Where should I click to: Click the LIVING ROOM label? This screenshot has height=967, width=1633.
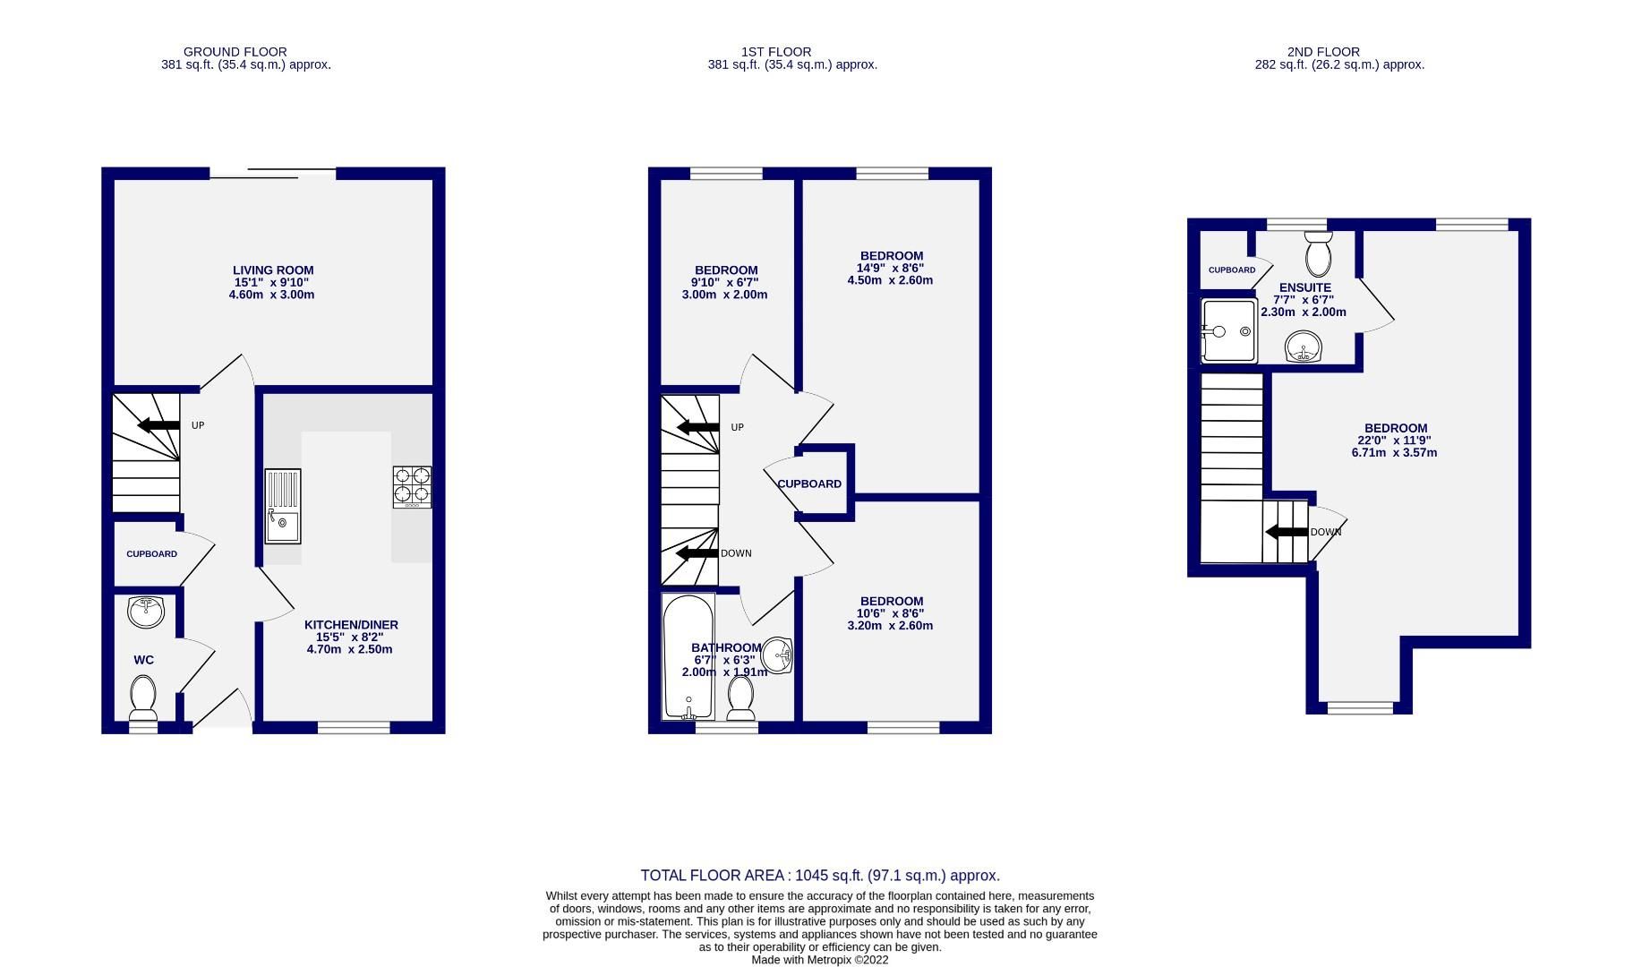coord(273,270)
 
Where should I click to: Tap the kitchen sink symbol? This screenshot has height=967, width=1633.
coord(283,506)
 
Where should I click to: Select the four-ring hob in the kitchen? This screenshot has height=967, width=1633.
coord(412,486)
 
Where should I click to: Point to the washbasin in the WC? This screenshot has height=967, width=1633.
coord(146,612)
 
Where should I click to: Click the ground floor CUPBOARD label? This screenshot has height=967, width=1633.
coord(151,554)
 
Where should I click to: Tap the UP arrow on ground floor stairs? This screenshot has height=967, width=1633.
coord(158,425)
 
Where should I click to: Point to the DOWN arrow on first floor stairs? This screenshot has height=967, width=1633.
coord(697,553)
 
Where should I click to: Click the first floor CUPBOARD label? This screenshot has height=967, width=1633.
coord(809,484)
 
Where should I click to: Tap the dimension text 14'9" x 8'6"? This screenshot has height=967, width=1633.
coord(890,268)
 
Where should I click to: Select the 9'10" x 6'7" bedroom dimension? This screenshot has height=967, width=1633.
coord(724,282)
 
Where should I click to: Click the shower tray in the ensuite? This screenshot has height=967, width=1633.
coord(1228,331)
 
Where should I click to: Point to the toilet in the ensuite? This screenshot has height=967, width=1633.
coord(1318,254)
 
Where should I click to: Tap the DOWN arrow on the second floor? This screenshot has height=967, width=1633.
coord(1287,532)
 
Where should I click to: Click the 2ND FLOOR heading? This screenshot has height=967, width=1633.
coord(1323,52)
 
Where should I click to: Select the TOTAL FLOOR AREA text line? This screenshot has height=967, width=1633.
coord(819,876)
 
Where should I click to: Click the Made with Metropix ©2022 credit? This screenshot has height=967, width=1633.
coord(819,960)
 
